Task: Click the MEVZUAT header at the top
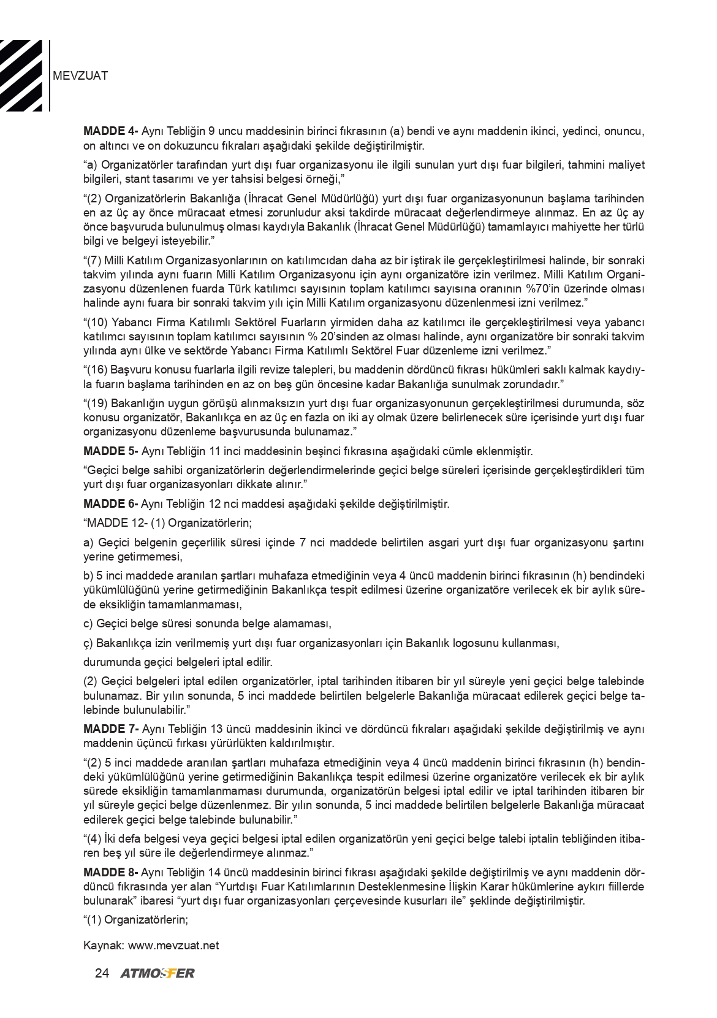click(x=81, y=76)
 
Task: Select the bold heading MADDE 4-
click(x=110, y=132)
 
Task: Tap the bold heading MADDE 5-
click(x=110, y=451)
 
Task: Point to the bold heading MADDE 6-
click(x=110, y=504)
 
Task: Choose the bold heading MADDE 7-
click(x=110, y=729)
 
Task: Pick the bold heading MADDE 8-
click(x=110, y=873)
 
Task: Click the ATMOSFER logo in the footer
click(x=157, y=973)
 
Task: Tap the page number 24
click(x=102, y=973)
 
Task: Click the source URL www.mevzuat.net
click(x=173, y=945)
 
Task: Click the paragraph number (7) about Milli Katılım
click(x=92, y=260)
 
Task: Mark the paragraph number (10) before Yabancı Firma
click(x=95, y=323)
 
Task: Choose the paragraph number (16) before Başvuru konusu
click(x=95, y=370)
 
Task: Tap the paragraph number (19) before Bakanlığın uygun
click(x=95, y=404)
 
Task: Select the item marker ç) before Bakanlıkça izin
click(x=88, y=643)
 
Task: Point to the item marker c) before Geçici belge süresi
click(x=88, y=624)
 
